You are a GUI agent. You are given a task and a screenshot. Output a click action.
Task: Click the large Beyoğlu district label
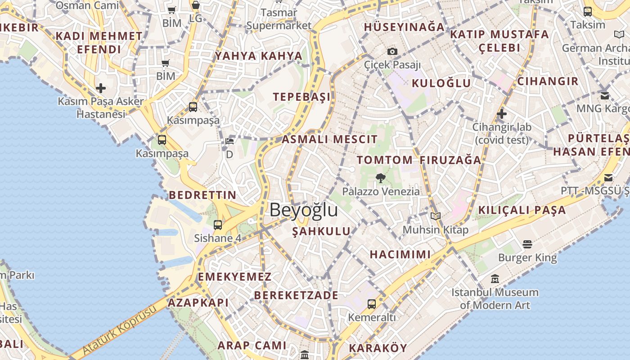[x=304, y=210]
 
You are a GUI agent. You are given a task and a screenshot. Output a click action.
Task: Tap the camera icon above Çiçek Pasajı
[x=392, y=51]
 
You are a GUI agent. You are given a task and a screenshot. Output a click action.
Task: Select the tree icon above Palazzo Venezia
[x=381, y=178]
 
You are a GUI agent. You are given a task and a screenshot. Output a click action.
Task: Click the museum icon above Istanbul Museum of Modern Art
[x=495, y=279]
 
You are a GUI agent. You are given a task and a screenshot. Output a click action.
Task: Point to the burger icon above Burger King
[x=527, y=244]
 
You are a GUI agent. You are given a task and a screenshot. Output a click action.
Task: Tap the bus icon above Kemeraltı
[x=372, y=304]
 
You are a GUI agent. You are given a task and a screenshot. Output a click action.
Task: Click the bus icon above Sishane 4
[x=218, y=225]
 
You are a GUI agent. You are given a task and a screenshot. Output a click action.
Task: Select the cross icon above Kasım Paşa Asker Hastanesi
[x=101, y=88]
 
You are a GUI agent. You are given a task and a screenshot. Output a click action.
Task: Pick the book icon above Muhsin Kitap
[x=435, y=216]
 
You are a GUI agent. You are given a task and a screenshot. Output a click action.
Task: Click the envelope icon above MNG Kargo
[x=605, y=95]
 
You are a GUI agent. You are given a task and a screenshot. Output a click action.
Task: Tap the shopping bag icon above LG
[x=196, y=5]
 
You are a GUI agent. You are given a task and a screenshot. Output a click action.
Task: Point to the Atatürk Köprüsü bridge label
[x=120, y=330]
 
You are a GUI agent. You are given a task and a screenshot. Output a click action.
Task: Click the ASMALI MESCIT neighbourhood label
[x=329, y=139]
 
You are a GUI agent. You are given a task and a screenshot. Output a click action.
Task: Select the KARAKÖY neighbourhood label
[x=378, y=348]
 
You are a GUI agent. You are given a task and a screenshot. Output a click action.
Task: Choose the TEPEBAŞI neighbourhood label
[x=302, y=97]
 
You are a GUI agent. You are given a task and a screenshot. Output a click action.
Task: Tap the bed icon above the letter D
[x=229, y=141]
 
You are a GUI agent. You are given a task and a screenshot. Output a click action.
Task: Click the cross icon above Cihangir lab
[x=502, y=114]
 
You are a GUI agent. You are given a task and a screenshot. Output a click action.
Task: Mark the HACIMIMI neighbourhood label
[x=400, y=254]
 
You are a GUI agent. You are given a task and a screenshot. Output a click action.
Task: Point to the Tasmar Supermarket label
[x=279, y=19]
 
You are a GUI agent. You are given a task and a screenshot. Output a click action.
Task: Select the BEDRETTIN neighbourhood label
[x=202, y=195]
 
